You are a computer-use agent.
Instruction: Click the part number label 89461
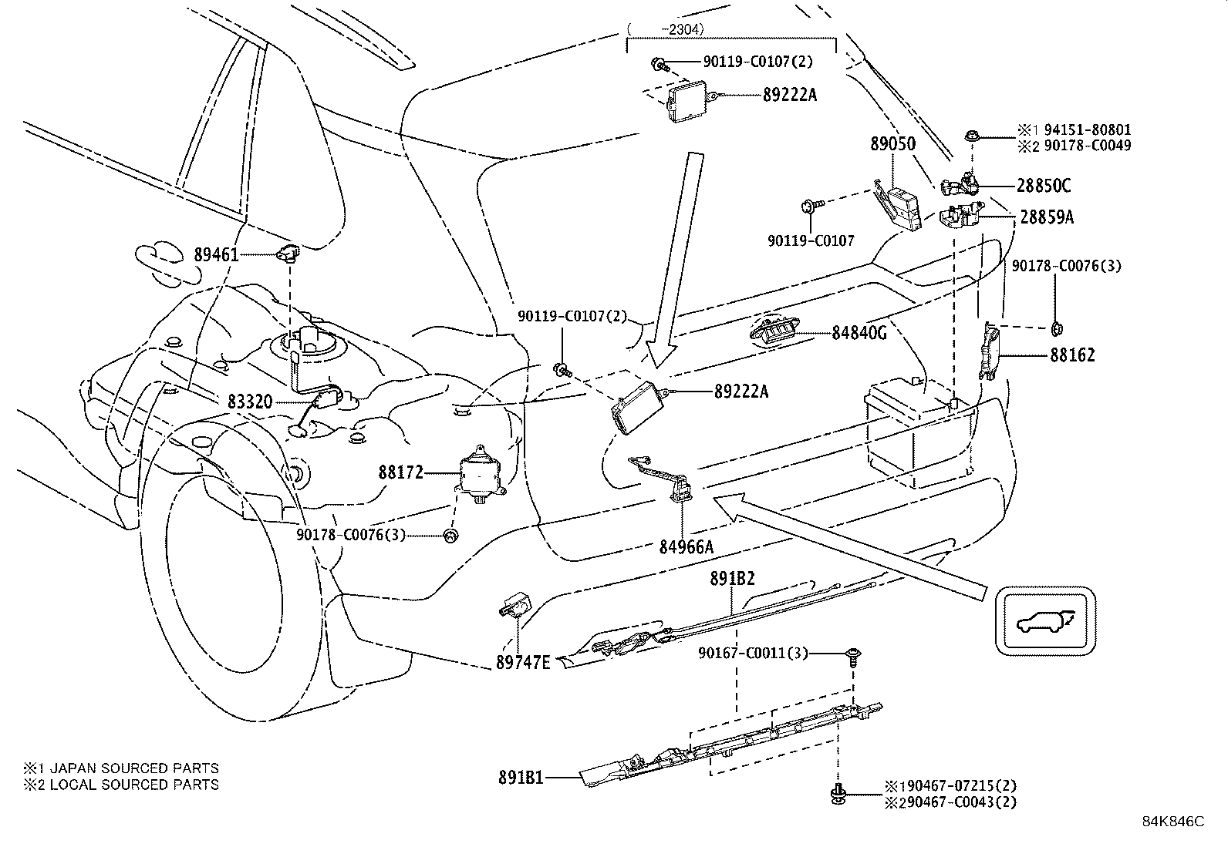[216, 255]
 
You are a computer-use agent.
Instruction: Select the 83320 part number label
[250, 402]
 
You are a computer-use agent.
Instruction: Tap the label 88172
[401, 472]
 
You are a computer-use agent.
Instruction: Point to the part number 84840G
[859, 332]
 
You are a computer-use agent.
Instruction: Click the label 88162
[1072, 355]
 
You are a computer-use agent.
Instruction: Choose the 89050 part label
[893, 143]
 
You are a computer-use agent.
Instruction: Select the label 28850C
[1043, 186]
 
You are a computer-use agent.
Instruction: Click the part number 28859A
[1047, 217]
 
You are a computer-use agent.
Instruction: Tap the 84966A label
[687, 546]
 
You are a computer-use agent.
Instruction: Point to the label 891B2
[733, 579]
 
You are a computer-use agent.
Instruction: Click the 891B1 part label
[521, 778]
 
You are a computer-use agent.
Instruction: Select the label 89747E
[523, 662]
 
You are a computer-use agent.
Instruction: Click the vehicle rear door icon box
[1045, 621]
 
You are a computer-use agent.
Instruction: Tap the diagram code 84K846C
[1173, 822]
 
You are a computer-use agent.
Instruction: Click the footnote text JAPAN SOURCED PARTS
[134, 768]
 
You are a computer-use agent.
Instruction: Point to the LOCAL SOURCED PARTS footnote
[134, 785]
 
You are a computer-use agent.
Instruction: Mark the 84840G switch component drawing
[774, 331]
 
